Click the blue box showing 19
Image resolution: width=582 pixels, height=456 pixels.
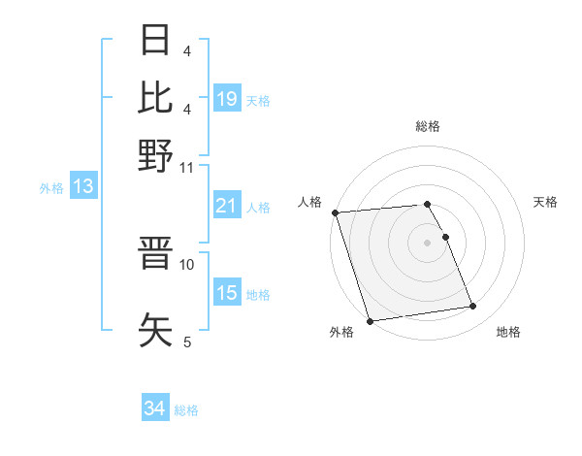click(227, 99)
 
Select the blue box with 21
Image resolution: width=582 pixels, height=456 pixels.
click(227, 206)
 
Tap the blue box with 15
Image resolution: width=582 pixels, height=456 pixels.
click(227, 293)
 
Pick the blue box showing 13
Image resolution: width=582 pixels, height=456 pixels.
click(82, 187)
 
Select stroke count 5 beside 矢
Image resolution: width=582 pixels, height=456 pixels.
click(187, 341)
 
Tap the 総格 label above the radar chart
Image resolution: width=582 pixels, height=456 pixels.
click(428, 126)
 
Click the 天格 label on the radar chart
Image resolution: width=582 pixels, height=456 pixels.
click(545, 202)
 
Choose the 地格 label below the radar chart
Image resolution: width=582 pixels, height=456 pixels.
click(508, 333)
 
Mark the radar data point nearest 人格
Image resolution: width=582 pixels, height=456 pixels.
click(335, 212)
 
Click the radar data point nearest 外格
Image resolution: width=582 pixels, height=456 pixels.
click(370, 321)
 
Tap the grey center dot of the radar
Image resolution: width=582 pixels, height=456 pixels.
click(428, 243)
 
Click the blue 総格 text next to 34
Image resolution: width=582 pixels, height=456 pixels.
click(187, 410)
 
